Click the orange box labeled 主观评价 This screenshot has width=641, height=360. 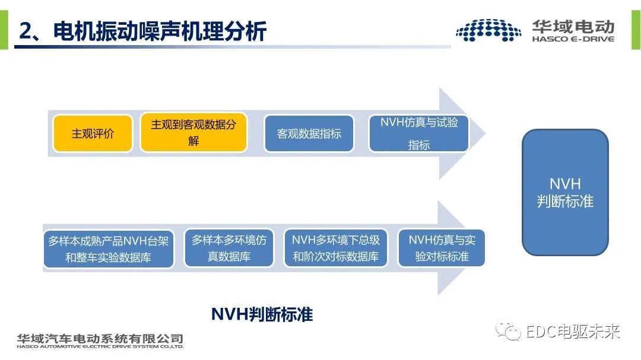tap(93, 133)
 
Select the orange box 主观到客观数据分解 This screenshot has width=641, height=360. tap(193, 133)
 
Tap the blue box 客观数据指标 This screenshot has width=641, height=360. tap(309, 133)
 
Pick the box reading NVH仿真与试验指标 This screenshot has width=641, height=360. tap(419, 133)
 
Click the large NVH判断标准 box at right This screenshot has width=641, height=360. tap(565, 193)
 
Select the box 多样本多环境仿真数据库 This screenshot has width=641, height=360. tap(229, 249)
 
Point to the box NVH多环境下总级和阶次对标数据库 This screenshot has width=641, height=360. tap(336, 249)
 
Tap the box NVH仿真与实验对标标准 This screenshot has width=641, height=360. tap(442, 249)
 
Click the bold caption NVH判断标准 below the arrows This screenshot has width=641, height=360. tap(262, 314)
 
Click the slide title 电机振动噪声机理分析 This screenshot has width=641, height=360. tap(160, 31)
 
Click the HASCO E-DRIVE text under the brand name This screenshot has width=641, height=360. tap(573, 39)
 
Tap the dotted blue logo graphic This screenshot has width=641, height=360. tap(488, 30)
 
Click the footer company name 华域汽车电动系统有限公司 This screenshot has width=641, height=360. tap(100, 339)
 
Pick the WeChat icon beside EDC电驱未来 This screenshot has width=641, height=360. tap(510, 331)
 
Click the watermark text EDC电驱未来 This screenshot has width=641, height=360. tap(573, 331)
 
